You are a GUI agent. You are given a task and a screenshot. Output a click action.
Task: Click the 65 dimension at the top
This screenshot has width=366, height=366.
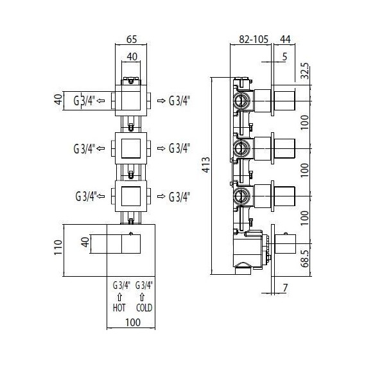tap(131, 39)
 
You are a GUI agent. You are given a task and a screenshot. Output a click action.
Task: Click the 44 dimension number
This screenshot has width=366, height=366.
tap(286, 39)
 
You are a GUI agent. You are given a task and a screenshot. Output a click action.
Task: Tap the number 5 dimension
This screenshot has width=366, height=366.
tap(284, 57)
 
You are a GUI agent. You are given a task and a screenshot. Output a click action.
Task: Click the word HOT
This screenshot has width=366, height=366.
tap(119, 308)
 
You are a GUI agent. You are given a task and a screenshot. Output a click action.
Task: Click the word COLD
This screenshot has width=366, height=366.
tap(144, 308)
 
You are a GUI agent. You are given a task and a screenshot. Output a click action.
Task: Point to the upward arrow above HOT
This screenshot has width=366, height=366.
tap(119, 296)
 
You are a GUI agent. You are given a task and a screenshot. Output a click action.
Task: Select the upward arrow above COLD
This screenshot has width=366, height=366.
tap(144, 296)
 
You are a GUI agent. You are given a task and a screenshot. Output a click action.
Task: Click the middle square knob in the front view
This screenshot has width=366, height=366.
tap(131, 148)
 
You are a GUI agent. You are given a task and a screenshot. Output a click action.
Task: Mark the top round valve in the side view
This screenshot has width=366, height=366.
tap(241, 100)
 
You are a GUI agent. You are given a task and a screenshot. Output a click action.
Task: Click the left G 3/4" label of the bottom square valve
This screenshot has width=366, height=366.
tap(85, 195)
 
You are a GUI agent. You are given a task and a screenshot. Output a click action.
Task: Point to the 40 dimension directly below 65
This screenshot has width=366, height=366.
tap(131, 57)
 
